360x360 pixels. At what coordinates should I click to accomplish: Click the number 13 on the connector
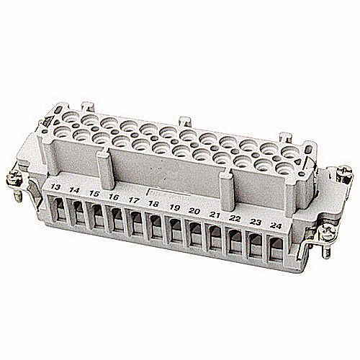click(55, 189)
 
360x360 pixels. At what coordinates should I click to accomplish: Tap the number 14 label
click(74, 191)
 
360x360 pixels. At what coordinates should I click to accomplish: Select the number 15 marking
click(94, 194)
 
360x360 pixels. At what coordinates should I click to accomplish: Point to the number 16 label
click(114, 197)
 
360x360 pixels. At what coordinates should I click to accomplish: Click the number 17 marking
click(133, 200)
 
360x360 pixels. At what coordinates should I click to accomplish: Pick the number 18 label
click(153, 204)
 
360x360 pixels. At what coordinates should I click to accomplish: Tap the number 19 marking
click(174, 207)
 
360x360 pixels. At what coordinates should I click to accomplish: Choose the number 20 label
click(194, 211)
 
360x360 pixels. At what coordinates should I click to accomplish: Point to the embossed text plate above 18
click(163, 193)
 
